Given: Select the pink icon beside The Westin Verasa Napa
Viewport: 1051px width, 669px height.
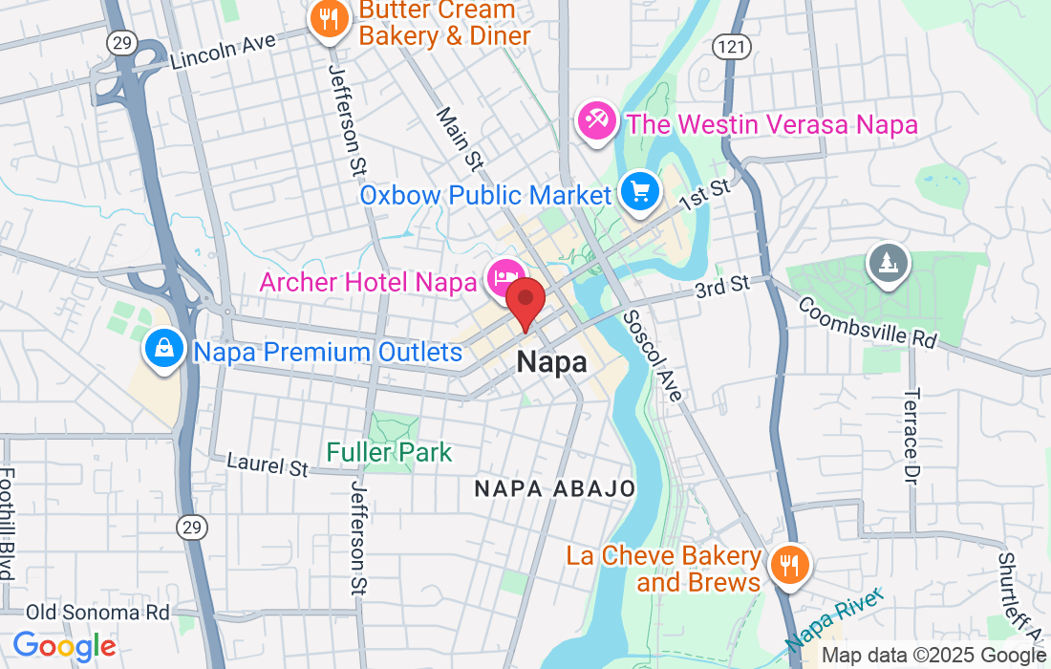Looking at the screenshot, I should coord(597,122).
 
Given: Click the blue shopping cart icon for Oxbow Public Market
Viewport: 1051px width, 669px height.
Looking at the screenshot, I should coord(639,193).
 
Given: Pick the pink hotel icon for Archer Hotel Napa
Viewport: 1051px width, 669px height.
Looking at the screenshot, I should coord(503,279).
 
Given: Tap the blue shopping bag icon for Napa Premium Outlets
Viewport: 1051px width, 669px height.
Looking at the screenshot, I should coord(164,349).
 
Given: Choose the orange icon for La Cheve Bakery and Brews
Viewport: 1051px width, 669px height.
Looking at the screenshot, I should coord(788,566).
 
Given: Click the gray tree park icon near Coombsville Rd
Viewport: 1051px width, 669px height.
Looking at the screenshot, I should coord(888,263).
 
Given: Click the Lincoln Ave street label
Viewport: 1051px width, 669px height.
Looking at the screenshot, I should coord(223,52).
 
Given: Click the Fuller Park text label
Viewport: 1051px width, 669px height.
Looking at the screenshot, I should coord(389,452).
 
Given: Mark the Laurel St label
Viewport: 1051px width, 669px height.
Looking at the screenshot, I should coord(268,465).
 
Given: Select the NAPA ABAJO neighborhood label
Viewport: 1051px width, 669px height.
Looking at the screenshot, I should coord(555,488).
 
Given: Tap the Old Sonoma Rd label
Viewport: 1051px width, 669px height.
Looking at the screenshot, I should coord(97,612).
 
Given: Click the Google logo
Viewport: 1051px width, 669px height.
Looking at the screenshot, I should coord(64,646).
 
